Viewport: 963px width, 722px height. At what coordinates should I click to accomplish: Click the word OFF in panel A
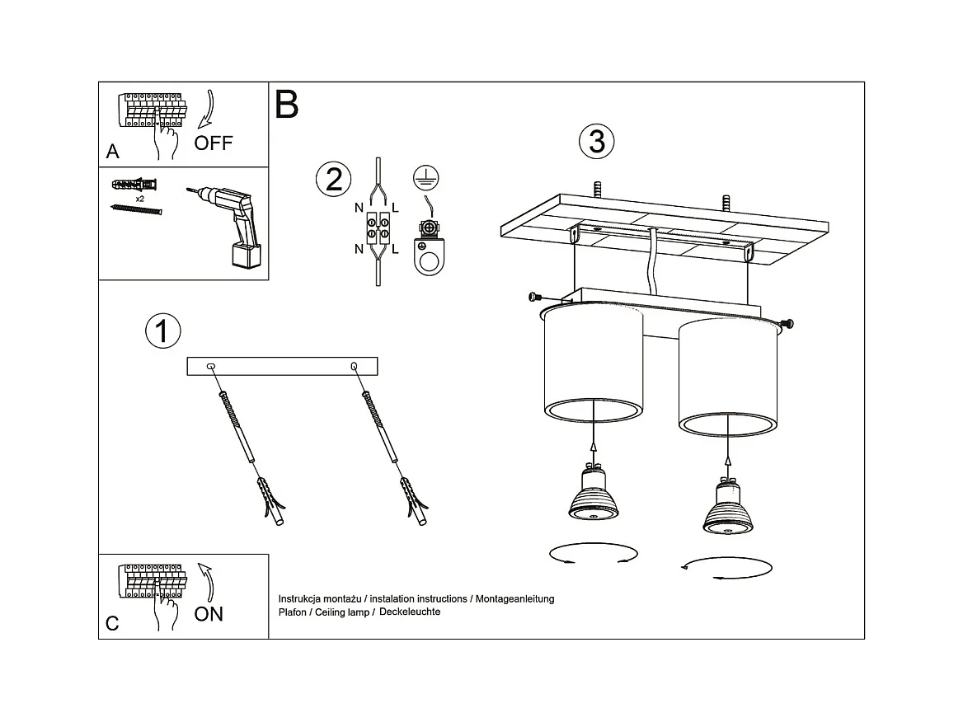click(213, 143)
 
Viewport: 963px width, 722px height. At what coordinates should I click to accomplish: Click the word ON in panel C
click(209, 614)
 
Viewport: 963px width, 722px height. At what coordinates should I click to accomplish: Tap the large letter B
click(287, 104)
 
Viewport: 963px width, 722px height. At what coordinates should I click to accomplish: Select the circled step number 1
click(162, 331)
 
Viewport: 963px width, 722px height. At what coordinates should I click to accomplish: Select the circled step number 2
click(333, 180)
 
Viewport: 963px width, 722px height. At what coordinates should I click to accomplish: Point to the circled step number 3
click(596, 141)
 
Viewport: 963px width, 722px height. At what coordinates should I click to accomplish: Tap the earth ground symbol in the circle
click(425, 177)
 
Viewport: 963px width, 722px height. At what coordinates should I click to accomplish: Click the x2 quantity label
click(140, 199)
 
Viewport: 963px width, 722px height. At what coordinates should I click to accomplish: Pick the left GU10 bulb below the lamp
click(593, 492)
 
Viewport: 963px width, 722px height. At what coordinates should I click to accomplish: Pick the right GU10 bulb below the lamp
click(728, 506)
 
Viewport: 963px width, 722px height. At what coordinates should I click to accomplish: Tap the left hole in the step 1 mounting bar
click(211, 367)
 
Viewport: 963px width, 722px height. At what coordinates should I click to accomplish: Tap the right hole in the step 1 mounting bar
click(354, 367)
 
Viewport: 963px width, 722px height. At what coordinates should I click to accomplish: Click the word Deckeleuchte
click(410, 612)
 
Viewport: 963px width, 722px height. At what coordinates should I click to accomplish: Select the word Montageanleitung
click(514, 598)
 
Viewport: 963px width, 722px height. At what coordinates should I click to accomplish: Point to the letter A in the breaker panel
click(112, 151)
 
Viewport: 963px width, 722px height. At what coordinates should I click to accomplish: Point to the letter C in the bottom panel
click(112, 624)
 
